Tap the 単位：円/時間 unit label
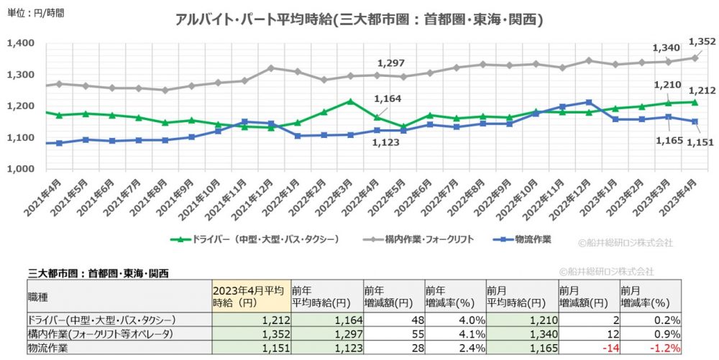35,13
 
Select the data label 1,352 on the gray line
702,42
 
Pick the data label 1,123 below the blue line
385,143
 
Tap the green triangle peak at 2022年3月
350,101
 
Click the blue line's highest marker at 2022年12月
589,102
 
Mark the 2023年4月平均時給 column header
250,297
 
